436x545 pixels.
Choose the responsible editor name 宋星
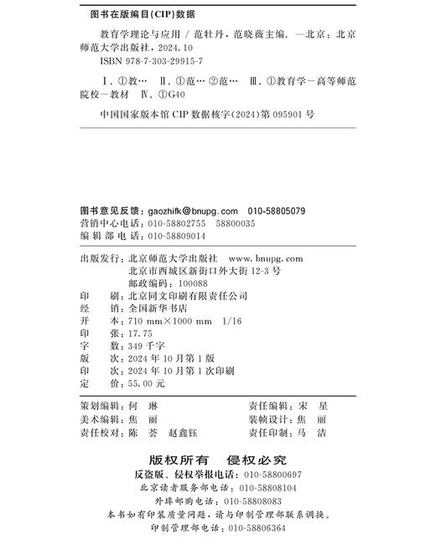point(312,404)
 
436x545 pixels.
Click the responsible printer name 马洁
point(312,433)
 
